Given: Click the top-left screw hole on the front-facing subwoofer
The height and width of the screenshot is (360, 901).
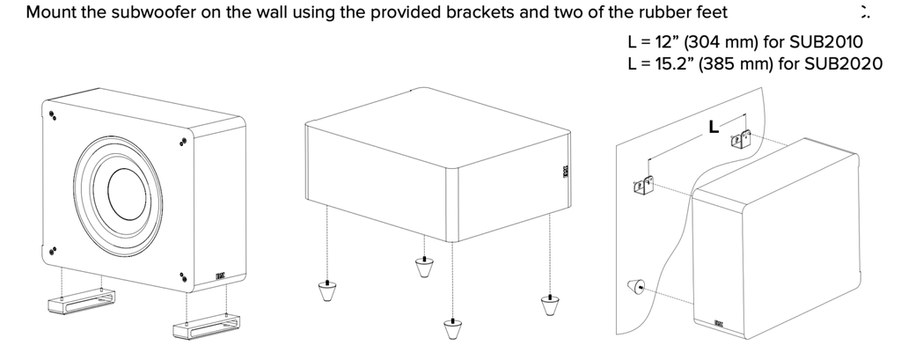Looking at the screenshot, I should [x=53, y=114].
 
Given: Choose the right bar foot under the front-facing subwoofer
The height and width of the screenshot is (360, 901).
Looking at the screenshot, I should [x=203, y=330].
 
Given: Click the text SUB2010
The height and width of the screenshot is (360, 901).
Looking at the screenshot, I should [x=828, y=40].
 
